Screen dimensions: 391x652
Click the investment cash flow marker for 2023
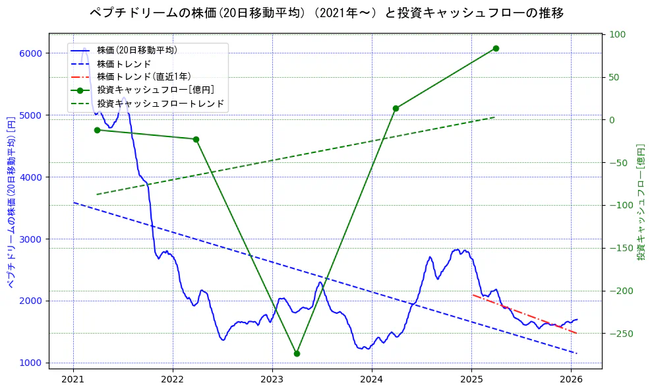[x=297, y=353]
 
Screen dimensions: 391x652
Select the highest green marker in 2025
[x=496, y=48]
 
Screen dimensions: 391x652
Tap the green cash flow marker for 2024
[x=396, y=108]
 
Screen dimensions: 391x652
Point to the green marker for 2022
[x=196, y=139]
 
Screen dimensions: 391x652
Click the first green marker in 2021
[x=97, y=130]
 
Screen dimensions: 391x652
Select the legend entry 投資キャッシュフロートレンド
[x=160, y=104]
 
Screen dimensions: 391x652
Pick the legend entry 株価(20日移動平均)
[x=136, y=49]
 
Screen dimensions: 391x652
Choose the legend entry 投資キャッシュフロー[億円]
[x=155, y=90]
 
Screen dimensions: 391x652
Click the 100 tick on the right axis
[x=617, y=34]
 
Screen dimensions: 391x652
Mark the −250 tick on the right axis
[x=620, y=334]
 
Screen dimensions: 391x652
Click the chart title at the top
[x=326, y=13]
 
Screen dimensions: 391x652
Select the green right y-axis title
[x=641, y=201]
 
